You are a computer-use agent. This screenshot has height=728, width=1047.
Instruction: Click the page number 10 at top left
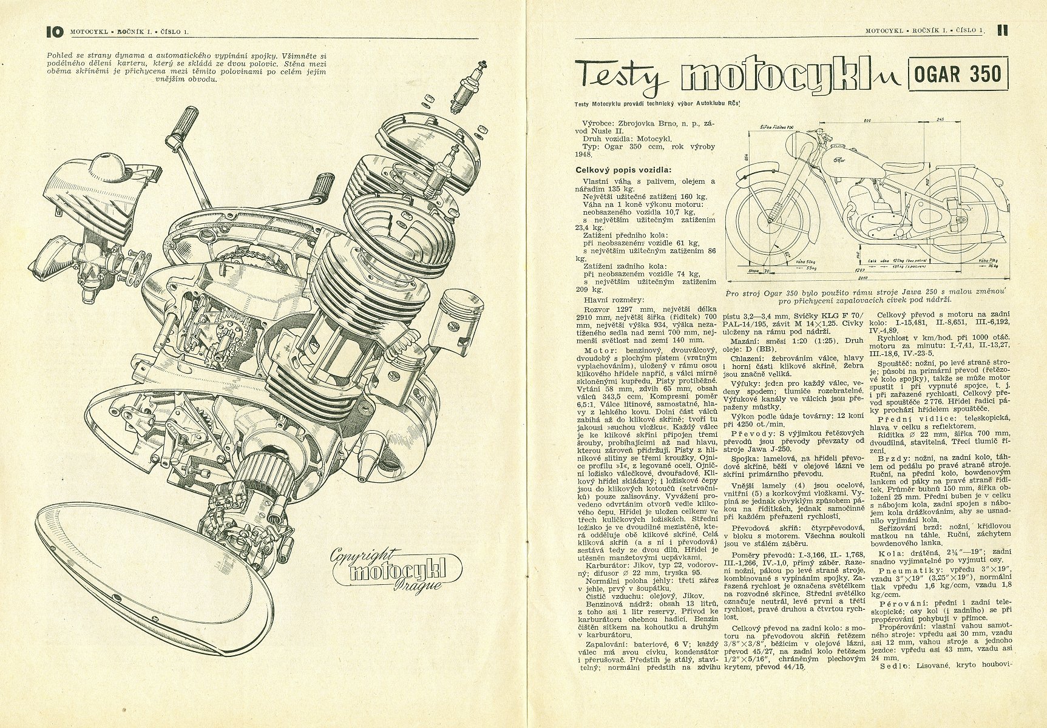54,30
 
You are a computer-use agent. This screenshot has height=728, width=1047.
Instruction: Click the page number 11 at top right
1003,30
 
